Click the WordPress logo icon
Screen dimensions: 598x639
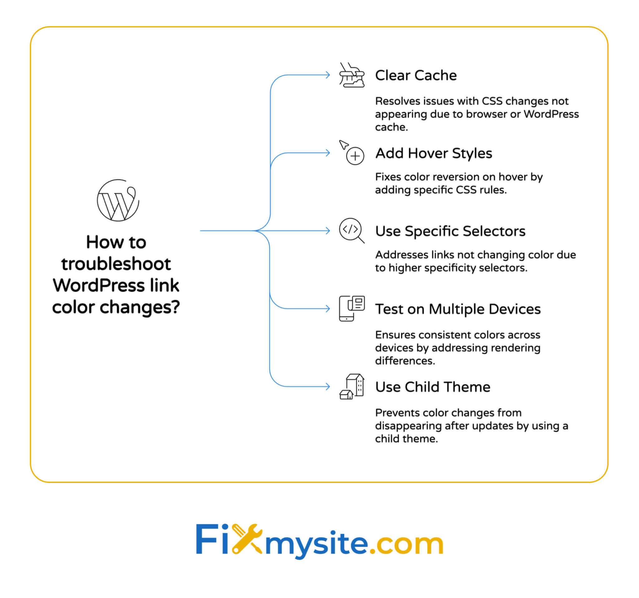118,200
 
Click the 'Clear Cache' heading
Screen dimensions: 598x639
416,75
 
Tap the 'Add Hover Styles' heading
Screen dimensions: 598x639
434,153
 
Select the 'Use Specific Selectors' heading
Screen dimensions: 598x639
450,231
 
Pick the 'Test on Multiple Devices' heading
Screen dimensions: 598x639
458,309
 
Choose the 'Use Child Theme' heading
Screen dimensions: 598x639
433,387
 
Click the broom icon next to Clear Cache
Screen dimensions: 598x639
352,75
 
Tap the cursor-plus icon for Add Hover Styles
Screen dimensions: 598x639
352,153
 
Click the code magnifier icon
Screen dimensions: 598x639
351,231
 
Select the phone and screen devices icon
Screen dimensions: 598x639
352,308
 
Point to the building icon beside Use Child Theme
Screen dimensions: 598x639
352,387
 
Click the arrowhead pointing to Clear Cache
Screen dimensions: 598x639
328,75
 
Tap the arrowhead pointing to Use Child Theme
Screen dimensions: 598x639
328,386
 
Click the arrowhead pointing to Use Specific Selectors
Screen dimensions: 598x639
328,231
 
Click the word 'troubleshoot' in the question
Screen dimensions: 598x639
116,264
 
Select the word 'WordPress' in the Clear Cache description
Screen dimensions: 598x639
551,114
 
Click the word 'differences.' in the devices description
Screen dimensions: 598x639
405,361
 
